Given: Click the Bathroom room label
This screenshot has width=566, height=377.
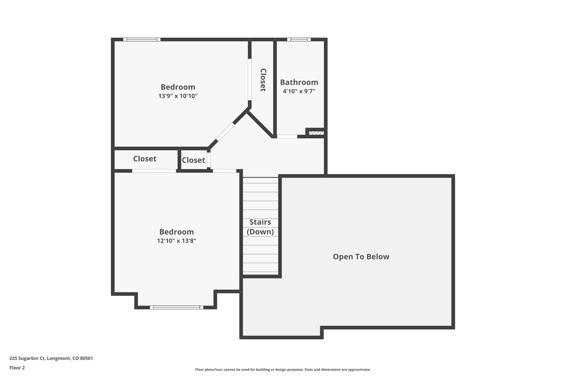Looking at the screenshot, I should pyautogui.click(x=299, y=82).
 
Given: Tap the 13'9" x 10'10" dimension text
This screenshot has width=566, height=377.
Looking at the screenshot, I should pyautogui.click(x=178, y=96).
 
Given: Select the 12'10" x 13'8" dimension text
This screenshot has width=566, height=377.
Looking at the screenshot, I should pyautogui.click(x=177, y=241).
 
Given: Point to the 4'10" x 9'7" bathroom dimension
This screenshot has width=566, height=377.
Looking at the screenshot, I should pyautogui.click(x=299, y=91).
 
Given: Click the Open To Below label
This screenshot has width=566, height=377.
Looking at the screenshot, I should pyautogui.click(x=361, y=257).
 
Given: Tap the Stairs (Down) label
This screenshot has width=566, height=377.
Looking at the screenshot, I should pyautogui.click(x=260, y=227).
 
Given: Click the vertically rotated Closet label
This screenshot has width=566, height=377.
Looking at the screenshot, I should pyautogui.click(x=263, y=80).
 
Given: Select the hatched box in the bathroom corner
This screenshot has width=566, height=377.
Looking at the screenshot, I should pyautogui.click(x=316, y=133).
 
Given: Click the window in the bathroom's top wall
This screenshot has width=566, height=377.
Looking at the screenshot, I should pyautogui.click(x=299, y=39).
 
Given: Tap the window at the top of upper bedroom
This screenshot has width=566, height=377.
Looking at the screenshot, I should pyautogui.click(x=142, y=39).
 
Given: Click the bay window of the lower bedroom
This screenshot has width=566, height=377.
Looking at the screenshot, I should pyautogui.click(x=177, y=307).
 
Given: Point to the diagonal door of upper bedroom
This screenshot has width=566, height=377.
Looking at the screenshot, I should pyautogui.click(x=225, y=132).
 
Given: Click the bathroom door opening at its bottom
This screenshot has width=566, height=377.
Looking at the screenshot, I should pyautogui.click(x=287, y=136).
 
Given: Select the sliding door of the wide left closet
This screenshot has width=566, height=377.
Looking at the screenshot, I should pyautogui.click(x=154, y=171).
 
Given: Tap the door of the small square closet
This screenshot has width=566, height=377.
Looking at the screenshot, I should pyautogui.click(x=209, y=160).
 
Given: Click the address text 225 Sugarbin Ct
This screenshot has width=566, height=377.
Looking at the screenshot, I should pyautogui.click(x=51, y=358).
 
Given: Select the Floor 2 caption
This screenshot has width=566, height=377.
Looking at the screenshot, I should pyautogui.click(x=17, y=368).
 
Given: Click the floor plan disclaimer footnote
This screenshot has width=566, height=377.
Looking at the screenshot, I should pyautogui.click(x=283, y=370).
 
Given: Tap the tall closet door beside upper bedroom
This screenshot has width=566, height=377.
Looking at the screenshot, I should pyautogui.click(x=250, y=80).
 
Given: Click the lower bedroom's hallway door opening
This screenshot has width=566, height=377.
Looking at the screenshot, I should pyautogui.click(x=224, y=171).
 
